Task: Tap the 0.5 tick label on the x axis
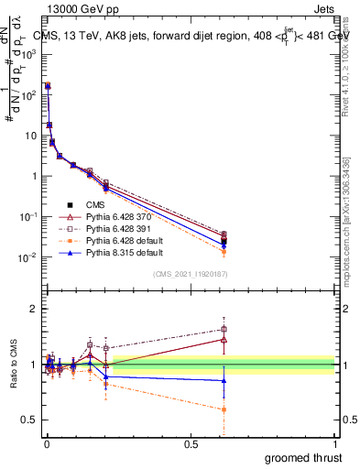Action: pos(191,444)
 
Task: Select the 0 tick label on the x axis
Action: pos(46,444)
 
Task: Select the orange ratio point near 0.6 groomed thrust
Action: pos(224,409)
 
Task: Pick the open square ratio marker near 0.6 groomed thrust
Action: pos(224,329)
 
